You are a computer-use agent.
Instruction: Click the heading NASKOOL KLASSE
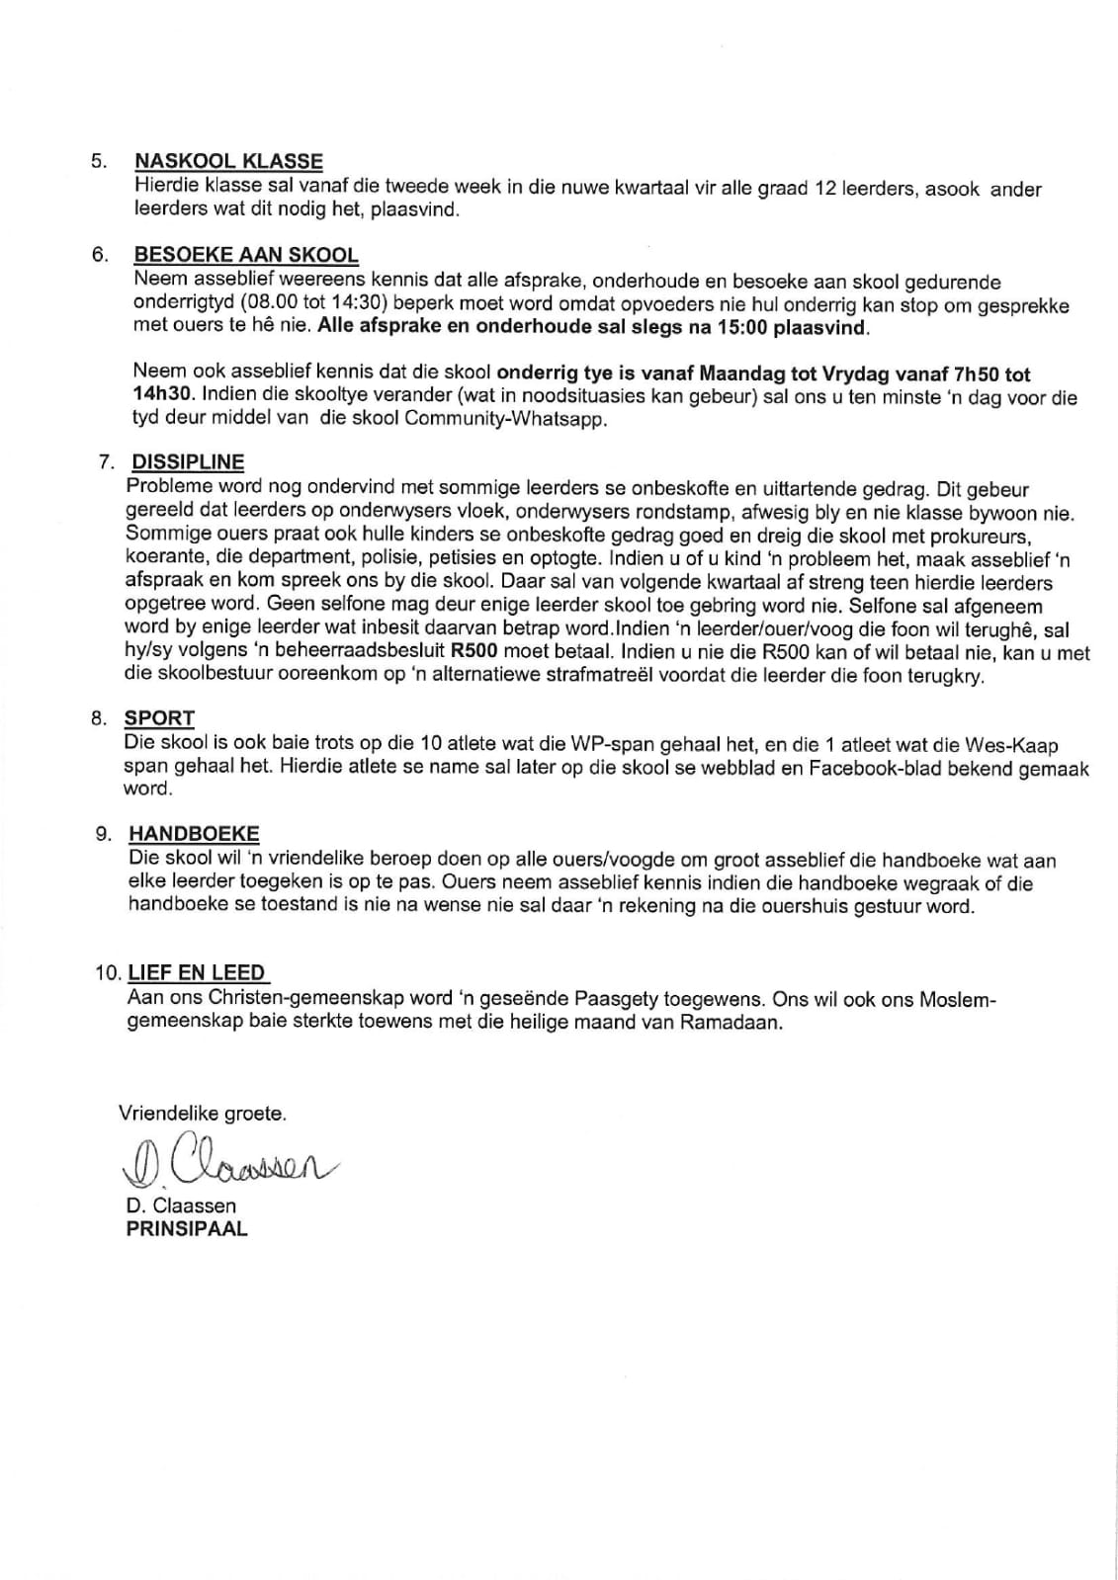pyautogui.click(x=228, y=161)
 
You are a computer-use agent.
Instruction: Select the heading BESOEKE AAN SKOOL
pyautogui.click(x=246, y=255)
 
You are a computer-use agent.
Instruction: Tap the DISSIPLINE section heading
pyautogui.click(x=188, y=462)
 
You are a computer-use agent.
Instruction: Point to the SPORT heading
pyautogui.click(x=159, y=718)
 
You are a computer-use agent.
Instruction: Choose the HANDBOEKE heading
pyautogui.click(x=194, y=834)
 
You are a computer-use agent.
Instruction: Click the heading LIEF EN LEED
pyautogui.click(x=197, y=972)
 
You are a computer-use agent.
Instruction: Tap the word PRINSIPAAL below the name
pyautogui.click(x=187, y=1229)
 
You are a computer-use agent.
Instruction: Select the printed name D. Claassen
pyautogui.click(x=181, y=1206)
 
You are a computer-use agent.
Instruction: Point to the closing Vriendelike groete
pyautogui.click(x=203, y=1114)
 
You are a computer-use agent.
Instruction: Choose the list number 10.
pyautogui.click(x=107, y=973)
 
